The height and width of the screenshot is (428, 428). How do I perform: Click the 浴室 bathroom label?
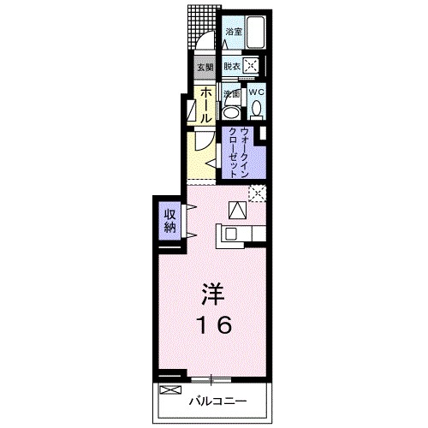point(233,32)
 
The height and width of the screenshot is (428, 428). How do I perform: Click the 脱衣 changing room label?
point(232,65)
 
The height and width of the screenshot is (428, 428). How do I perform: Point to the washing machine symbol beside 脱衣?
point(252,65)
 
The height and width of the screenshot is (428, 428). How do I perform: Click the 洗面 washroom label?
point(230,93)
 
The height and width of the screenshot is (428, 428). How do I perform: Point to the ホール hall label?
point(206,104)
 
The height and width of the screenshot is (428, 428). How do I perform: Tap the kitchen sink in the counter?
point(231,231)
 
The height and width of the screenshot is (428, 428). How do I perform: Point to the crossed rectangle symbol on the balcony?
point(171,390)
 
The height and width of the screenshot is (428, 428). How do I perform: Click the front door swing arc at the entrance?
point(202,39)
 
